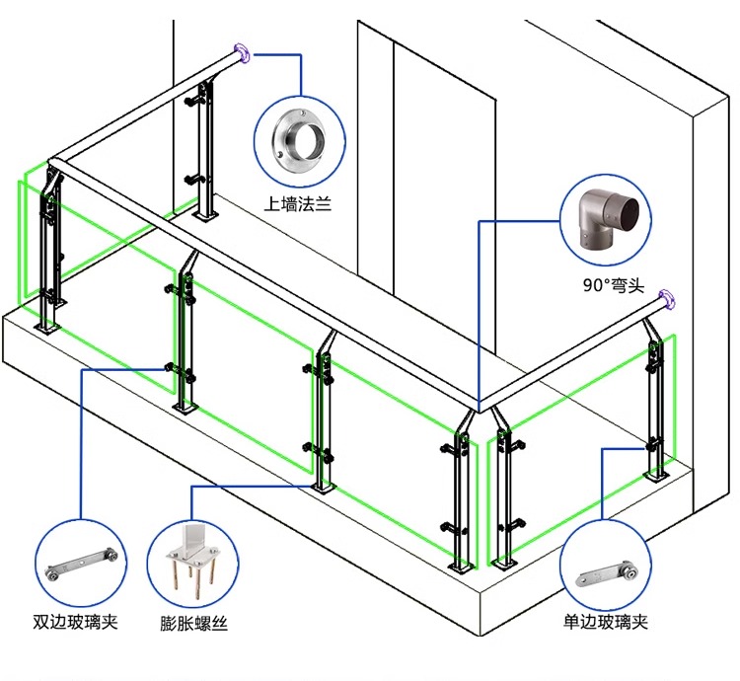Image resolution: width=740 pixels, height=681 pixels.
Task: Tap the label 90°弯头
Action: pos(613,286)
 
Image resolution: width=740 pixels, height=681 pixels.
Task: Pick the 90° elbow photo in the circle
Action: pos(606,224)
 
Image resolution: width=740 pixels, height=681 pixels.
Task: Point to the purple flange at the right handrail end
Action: pos(668,297)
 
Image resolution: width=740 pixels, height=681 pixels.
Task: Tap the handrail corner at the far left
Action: pos(55,163)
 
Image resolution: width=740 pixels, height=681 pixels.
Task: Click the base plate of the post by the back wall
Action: pos(206,215)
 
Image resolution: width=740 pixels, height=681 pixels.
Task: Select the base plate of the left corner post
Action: pos(46,327)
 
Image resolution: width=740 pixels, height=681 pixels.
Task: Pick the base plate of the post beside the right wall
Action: pos(656,479)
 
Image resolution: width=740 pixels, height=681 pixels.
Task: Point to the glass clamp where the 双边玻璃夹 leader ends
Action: pos(176,368)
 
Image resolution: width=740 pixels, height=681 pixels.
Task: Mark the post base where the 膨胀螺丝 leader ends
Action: pos(323,486)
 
